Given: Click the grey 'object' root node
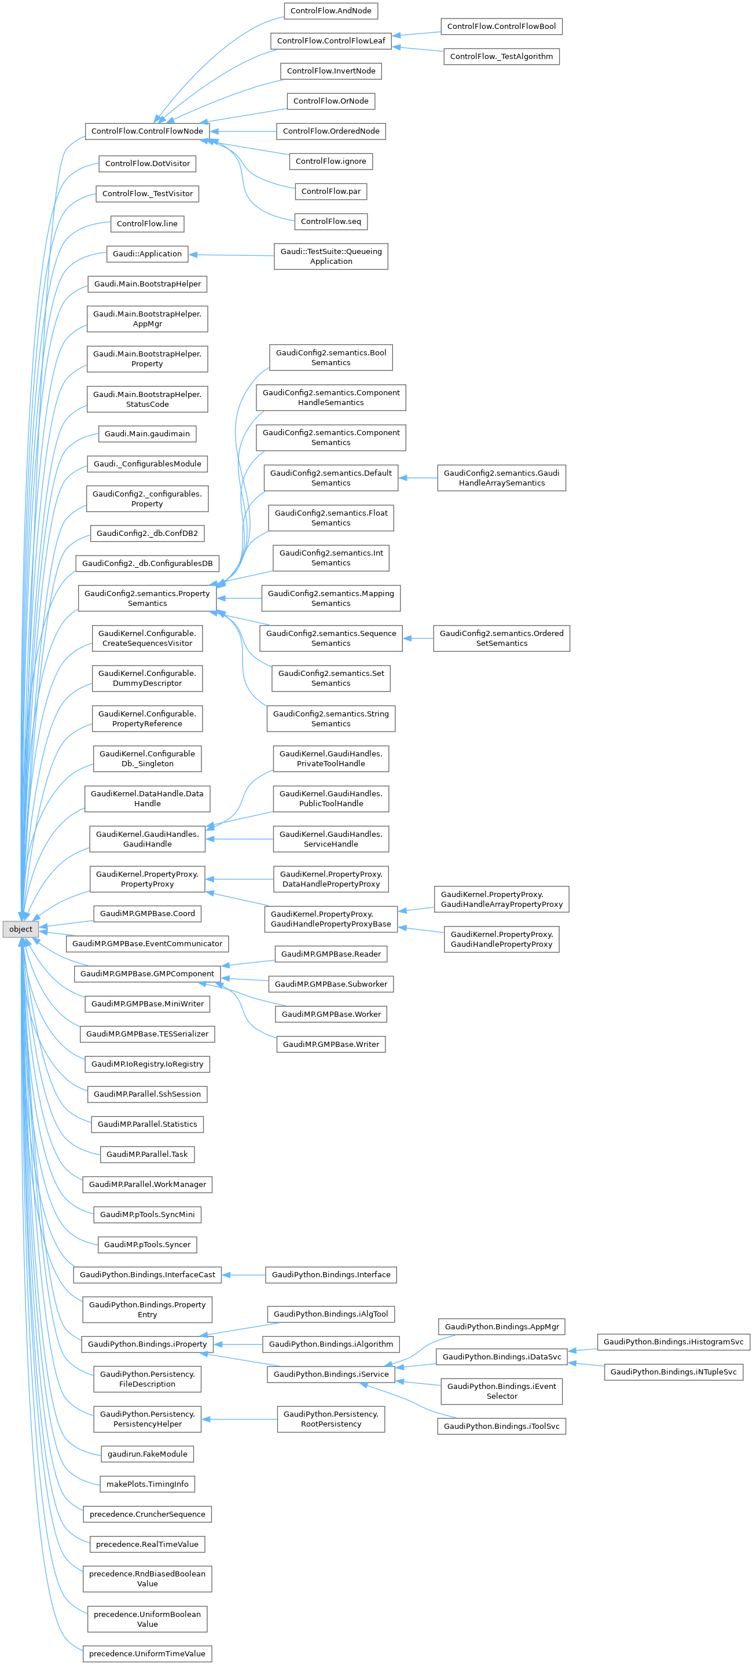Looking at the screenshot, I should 21,929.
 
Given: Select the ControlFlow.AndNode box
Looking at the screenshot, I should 330,11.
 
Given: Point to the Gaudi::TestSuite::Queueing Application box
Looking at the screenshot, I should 330,256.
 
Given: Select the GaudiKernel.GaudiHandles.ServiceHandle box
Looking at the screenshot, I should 330,839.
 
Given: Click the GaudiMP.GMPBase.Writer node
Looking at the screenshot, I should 330,1045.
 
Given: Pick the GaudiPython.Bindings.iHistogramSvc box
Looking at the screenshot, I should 673,1342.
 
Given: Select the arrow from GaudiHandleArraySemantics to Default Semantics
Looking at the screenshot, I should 417,478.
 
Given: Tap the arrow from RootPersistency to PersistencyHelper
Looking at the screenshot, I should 239,1420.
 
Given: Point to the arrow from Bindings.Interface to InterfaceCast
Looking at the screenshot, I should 243,1274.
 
